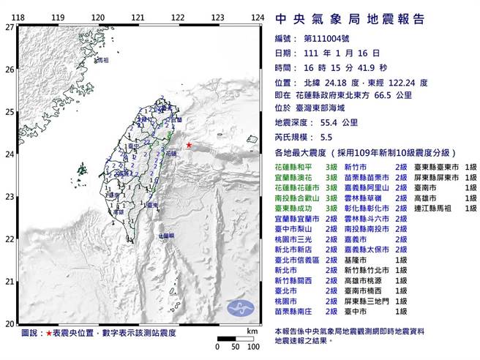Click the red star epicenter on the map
coord(188,145)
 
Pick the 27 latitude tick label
coord(10,27)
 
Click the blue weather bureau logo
coord(240,307)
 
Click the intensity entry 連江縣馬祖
coord(435,208)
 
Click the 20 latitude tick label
coord(10,323)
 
